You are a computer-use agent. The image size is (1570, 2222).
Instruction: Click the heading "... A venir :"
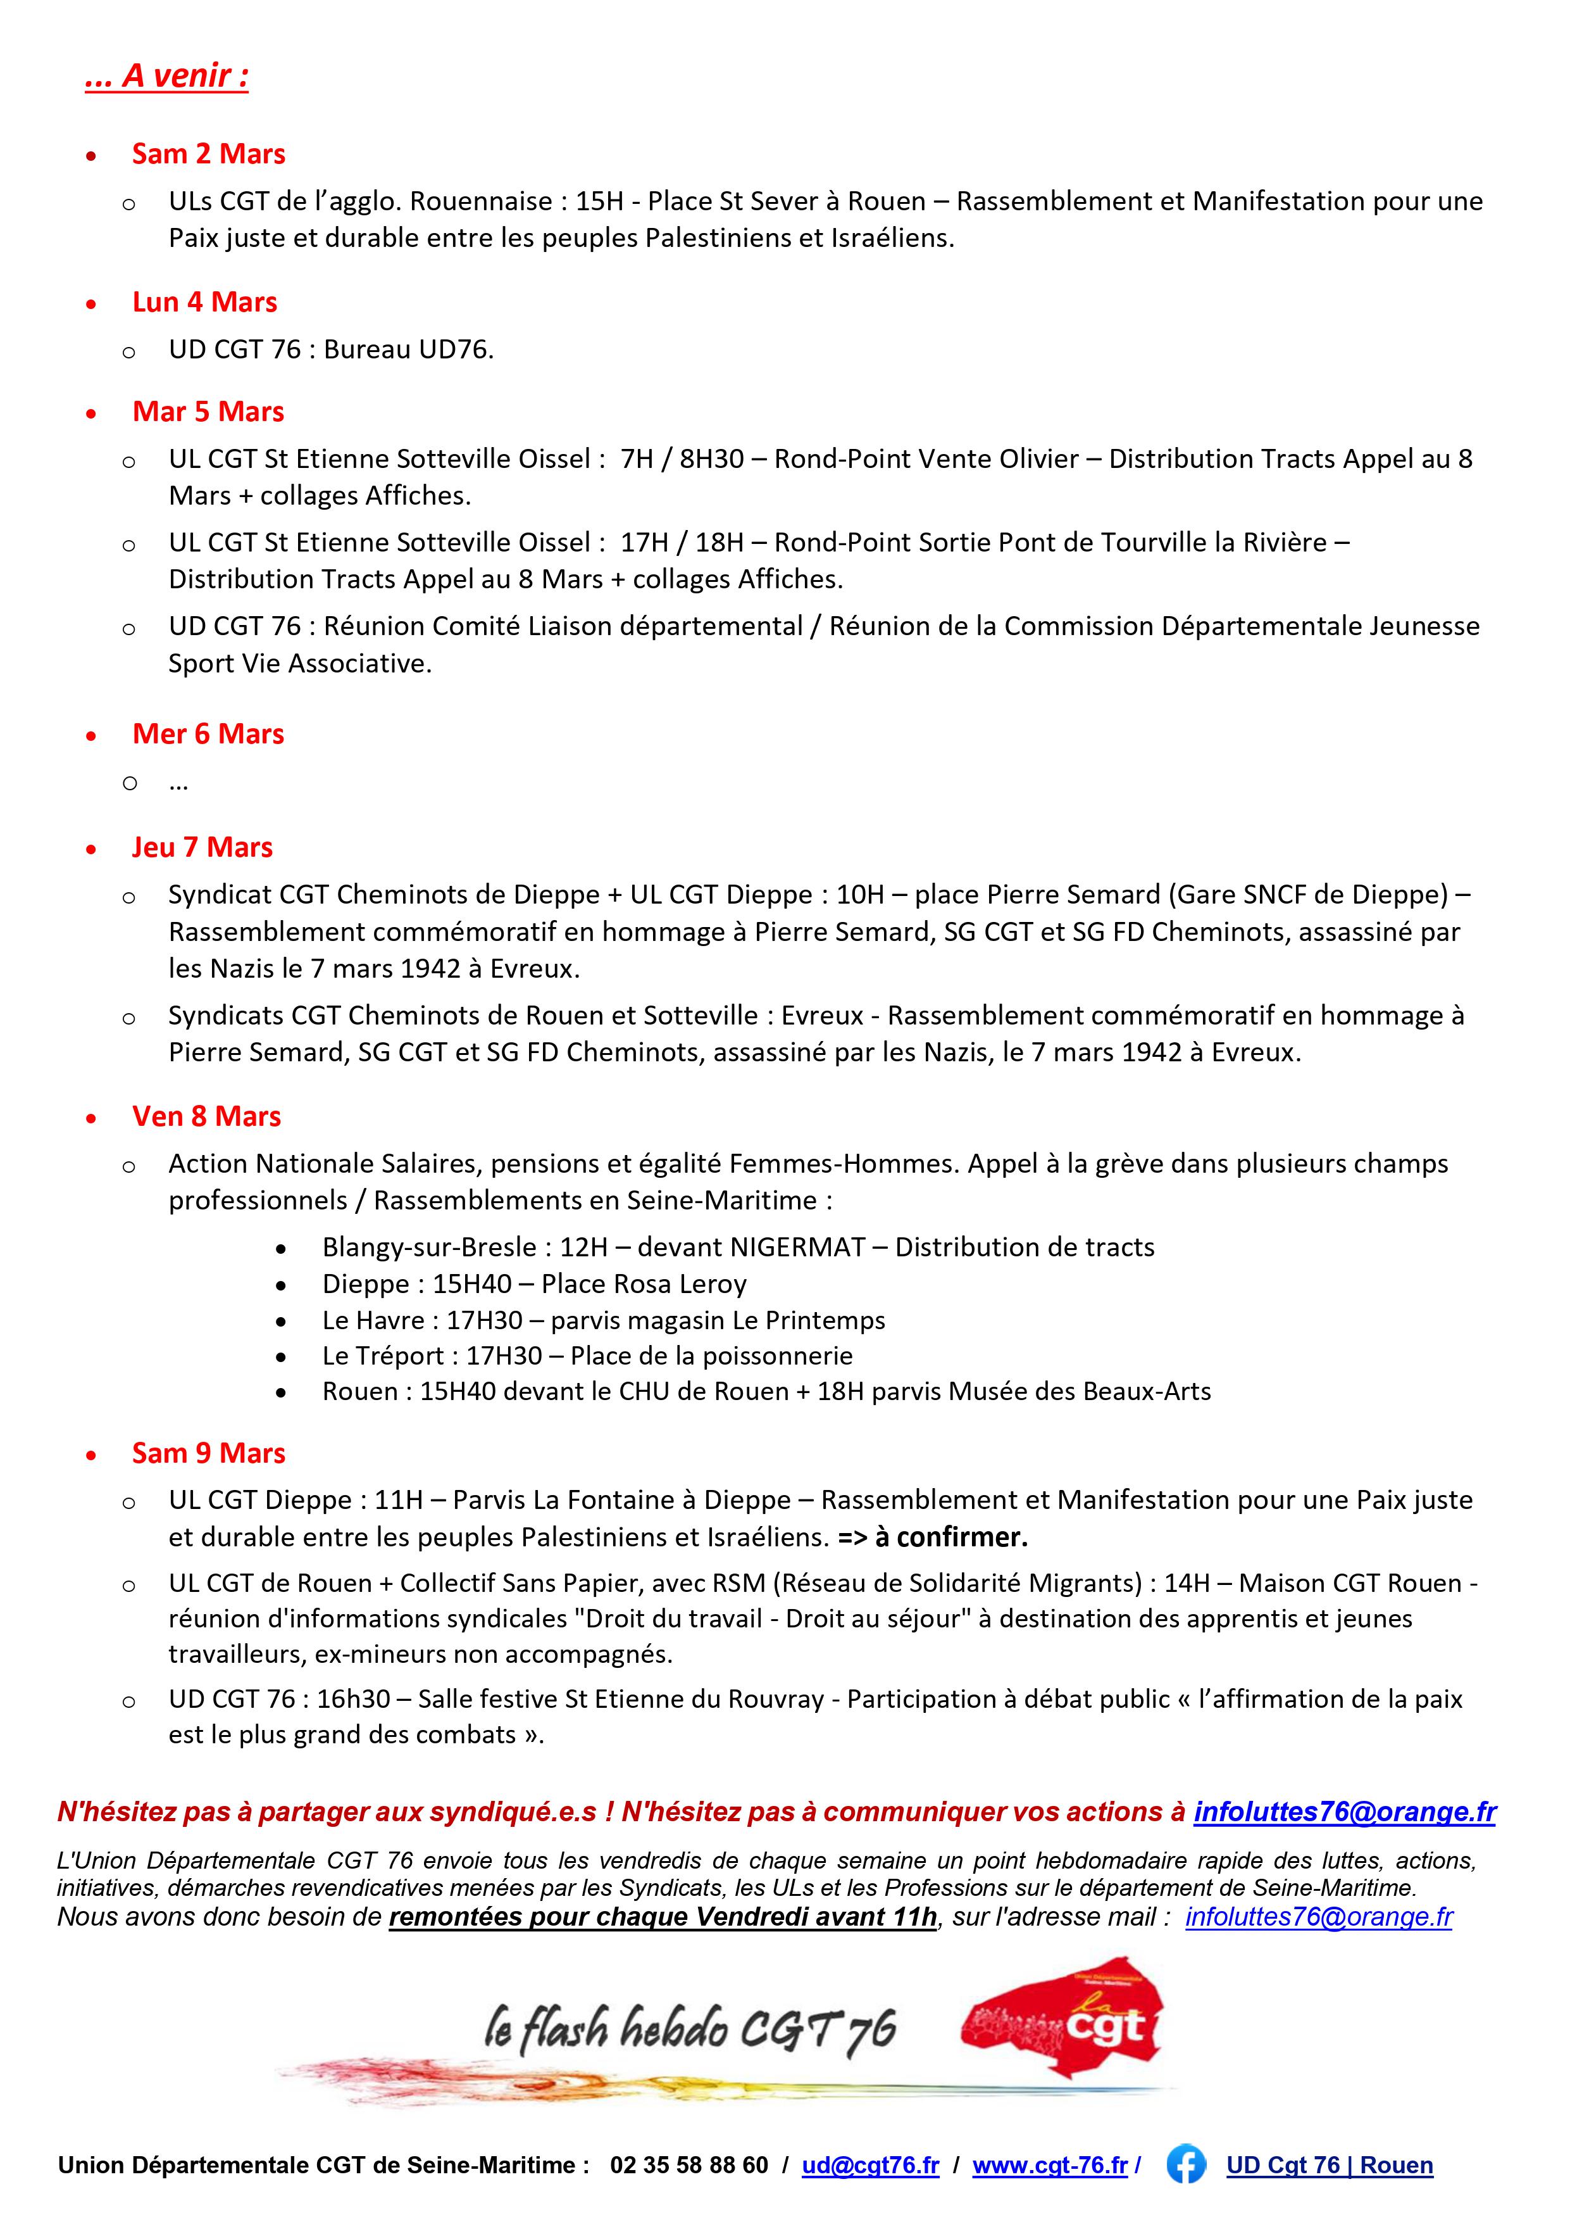166,75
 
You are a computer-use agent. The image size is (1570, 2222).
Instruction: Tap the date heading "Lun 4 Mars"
204,302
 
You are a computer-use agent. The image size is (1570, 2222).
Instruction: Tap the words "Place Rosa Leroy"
644,1284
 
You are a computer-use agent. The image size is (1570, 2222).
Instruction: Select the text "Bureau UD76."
408,350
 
